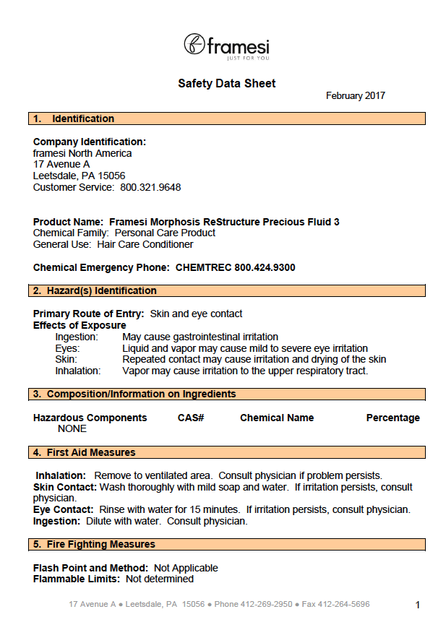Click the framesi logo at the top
pos(226,46)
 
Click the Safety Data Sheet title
pos(226,84)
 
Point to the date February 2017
pos(355,95)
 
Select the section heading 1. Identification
pos(73,118)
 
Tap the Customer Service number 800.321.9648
pos(150,187)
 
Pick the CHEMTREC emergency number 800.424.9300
pos(265,267)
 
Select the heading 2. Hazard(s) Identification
pos(95,290)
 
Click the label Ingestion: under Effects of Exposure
pos(77,337)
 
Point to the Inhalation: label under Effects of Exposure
pos(78,371)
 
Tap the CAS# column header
pos(191,418)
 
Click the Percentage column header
pos(393,418)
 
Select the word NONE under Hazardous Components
pos(72,428)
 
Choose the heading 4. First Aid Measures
pos(84,452)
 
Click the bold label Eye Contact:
pos(63,509)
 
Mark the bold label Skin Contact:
pos(65,487)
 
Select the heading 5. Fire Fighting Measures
pos(94,544)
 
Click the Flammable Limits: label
pos(77,579)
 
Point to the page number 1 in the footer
pos(417,605)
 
